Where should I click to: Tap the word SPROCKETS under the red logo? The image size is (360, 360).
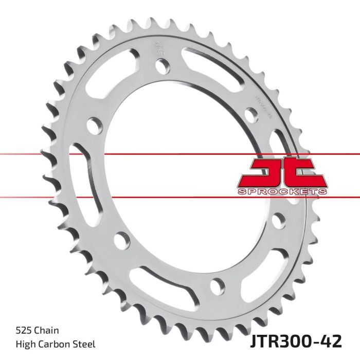tap(281, 191)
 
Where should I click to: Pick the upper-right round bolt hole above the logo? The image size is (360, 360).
tap(254, 114)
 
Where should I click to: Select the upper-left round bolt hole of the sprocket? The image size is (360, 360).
tap(94, 125)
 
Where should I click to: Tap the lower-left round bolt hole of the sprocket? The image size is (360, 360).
tap(122, 238)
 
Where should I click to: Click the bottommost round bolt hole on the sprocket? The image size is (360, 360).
tap(218, 284)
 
